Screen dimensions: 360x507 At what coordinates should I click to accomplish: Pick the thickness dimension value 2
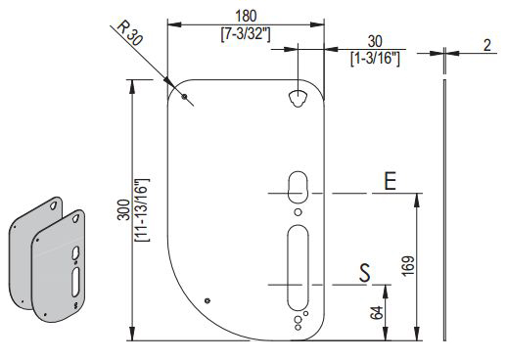487,45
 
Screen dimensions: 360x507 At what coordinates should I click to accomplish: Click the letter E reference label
389,181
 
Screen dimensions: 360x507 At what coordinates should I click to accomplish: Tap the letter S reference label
364,272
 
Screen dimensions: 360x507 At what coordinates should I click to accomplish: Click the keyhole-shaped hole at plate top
299,98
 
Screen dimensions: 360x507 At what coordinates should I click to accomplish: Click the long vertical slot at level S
298,266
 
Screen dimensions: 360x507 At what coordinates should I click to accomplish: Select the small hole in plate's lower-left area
207,300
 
